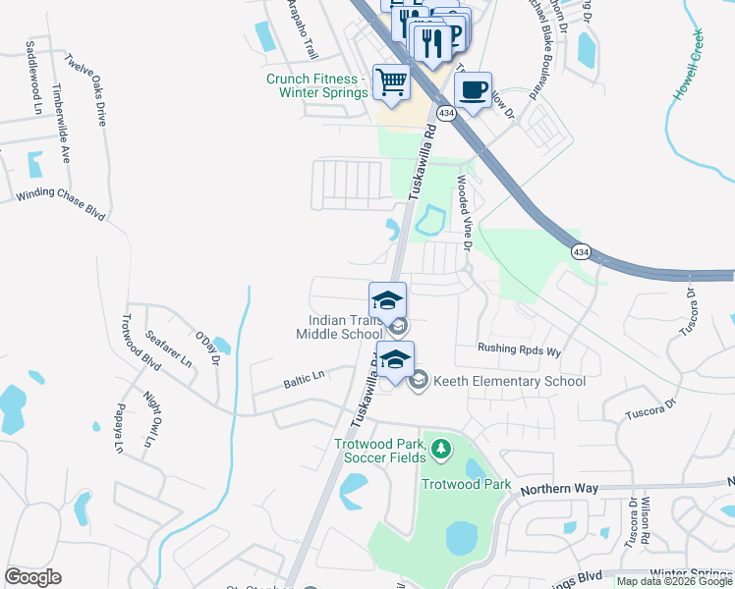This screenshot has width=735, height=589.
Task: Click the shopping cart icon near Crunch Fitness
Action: point(390,81)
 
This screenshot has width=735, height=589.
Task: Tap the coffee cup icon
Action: point(473,90)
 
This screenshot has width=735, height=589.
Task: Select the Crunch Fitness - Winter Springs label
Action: point(316,85)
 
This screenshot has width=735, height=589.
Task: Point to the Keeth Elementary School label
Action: point(509,381)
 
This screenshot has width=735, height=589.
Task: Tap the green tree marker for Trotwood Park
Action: point(441,450)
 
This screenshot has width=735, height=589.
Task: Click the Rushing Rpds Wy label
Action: point(519,349)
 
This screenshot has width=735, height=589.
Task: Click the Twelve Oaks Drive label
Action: point(85,89)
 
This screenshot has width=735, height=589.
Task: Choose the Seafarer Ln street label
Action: point(169,348)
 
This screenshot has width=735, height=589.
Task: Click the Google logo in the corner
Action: point(32,577)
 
